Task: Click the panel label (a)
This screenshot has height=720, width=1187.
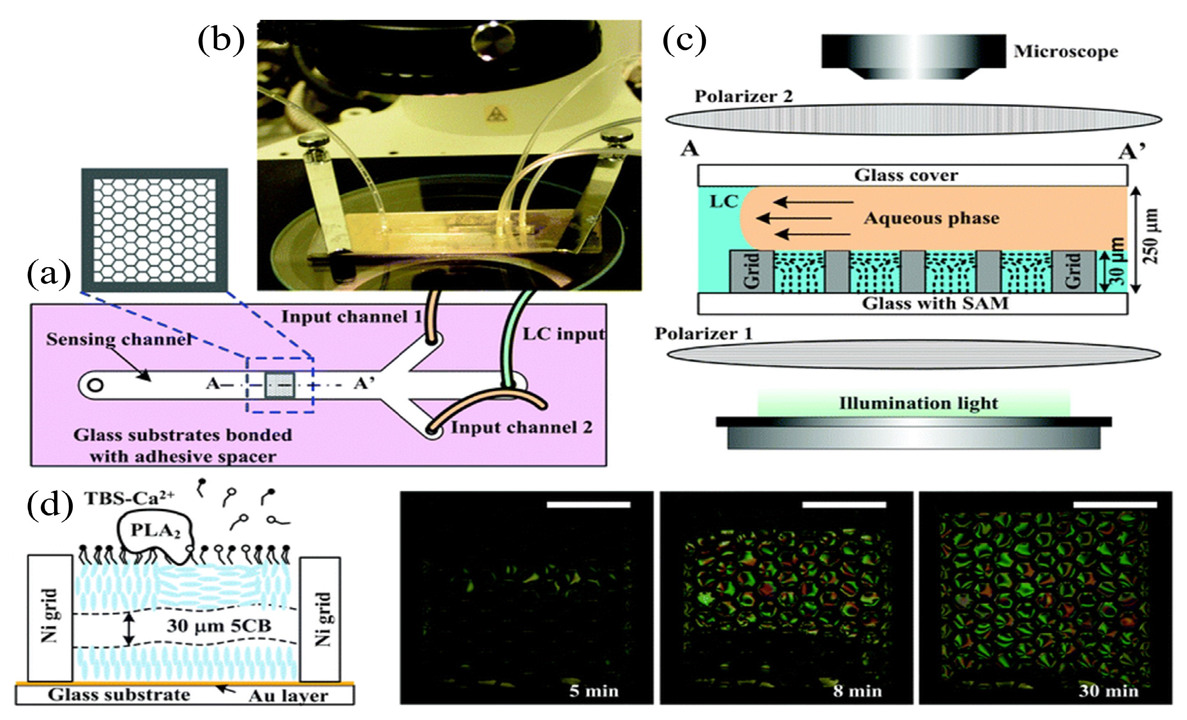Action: (x=48, y=276)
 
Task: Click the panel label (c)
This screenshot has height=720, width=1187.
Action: (x=684, y=41)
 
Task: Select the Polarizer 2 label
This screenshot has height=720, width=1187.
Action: (x=743, y=96)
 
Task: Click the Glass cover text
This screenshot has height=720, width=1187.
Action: (x=906, y=175)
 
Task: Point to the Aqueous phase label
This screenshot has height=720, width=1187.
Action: (x=931, y=218)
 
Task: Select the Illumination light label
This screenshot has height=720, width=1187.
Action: (x=918, y=403)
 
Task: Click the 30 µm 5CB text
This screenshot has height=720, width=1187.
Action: (x=219, y=625)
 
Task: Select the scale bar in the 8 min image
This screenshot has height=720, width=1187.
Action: (x=844, y=505)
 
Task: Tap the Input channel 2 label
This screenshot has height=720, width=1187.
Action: (x=521, y=428)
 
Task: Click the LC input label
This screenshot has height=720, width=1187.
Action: (x=563, y=334)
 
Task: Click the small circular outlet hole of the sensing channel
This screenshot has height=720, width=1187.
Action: (x=96, y=385)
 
